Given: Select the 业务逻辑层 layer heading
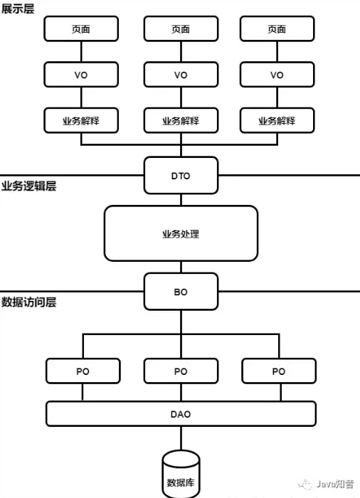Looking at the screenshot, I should [28, 186].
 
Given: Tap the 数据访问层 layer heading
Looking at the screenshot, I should [28, 302].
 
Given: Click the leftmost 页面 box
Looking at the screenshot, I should [81, 29].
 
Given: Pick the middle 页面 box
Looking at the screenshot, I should [181, 29].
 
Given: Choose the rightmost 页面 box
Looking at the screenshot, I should [277, 29].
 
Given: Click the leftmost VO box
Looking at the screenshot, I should [81, 75].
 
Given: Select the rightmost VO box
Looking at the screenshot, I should [277, 75].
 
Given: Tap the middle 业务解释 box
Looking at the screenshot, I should [181, 120].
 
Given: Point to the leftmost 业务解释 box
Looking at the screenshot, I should [81, 120].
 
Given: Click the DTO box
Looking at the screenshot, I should [181, 176].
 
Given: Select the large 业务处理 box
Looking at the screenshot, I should [181, 233].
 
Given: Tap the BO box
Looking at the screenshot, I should [181, 292].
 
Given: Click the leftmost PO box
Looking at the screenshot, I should [83, 371].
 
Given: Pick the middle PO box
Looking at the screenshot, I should [181, 371].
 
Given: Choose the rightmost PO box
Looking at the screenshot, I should [278, 371].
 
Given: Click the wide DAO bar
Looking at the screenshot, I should [181, 413].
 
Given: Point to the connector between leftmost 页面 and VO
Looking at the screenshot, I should [81, 52].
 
